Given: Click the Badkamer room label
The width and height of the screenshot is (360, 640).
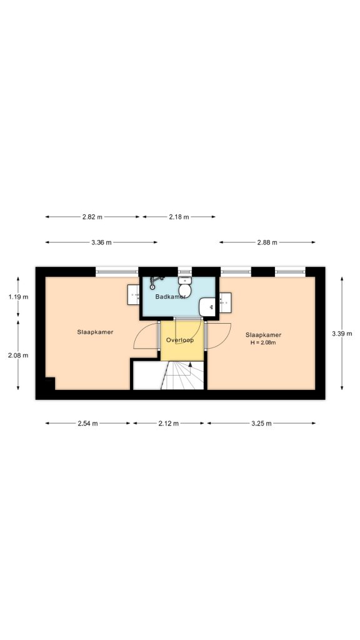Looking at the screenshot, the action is click(x=170, y=296).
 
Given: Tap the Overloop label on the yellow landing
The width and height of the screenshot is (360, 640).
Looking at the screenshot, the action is click(x=179, y=339).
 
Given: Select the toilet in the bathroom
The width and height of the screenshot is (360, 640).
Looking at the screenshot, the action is click(x=185, y=286).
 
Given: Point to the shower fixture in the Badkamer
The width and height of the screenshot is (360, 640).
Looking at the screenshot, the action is click(x=156, y=282).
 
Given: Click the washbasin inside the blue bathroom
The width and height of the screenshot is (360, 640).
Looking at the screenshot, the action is click(x=207, y=307).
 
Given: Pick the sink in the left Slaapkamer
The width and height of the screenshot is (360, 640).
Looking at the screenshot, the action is click(x=134, y=295).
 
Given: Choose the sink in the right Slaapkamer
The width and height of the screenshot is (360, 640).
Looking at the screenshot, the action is click(x=225, y=303).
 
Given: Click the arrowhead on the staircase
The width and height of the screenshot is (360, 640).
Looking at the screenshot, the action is click(x=190, y=364).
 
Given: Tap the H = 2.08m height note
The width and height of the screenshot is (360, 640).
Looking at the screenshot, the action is click(x=263, y=342).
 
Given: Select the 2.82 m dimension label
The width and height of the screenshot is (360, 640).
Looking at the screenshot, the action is click(x=92, y=217).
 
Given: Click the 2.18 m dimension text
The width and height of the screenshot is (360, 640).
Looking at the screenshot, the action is click(x=179, y=217).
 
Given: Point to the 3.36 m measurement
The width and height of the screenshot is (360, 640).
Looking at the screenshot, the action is click(x=101, y=242).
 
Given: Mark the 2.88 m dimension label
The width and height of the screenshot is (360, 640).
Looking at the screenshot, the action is click(x=267, y=242).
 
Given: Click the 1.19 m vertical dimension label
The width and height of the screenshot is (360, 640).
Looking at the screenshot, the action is click(x=18, y=297).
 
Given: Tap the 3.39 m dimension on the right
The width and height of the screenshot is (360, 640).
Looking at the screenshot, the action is click(x=342, y=334).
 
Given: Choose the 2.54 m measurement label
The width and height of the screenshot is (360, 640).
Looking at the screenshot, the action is click(x=87, y=423).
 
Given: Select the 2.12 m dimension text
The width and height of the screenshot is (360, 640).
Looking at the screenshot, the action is click(x=169, y=423).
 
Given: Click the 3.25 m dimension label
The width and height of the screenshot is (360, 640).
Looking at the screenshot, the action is click(x=261, y=423).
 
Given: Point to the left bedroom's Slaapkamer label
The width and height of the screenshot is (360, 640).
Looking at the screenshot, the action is click(x=95, y=332).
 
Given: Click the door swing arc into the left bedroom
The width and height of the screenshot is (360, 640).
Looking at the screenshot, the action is click(x=139, y=331).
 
